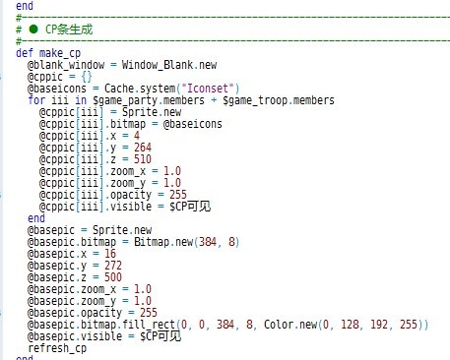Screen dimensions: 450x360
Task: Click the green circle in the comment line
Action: pyautogui.click(x=33, y=30)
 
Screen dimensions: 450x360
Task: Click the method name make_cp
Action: pyautogui.click(x=60, y=53)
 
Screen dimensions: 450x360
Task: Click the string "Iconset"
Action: pyautogui.click(x=208, y=89)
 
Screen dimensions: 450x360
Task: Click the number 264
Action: pyautogui.click(x=143, y=148)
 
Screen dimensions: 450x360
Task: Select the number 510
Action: pyautogui.click(x=143, y=159)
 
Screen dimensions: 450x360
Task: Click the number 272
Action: pyautogui.click(x=113, y=266)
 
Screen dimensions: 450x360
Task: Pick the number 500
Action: pyautogui.click(x=113, y=277)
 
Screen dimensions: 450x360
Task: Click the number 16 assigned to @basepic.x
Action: pyautogui.click(x=110, y=254)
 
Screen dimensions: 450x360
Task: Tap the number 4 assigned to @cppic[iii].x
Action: pyautogui.click(x=137, y=136)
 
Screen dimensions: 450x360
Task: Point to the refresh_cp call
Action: pyautogui.click(x=57, y=348)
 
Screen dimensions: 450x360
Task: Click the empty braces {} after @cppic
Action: pyautogui.click(x=87, y=77)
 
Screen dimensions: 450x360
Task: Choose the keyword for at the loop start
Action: pyautogui.click(x=36, y=100)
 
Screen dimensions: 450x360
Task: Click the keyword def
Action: pyautogui.click(x=25, y=53)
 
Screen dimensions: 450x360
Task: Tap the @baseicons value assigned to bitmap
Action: pyautogui.click(x=192, y=124)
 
